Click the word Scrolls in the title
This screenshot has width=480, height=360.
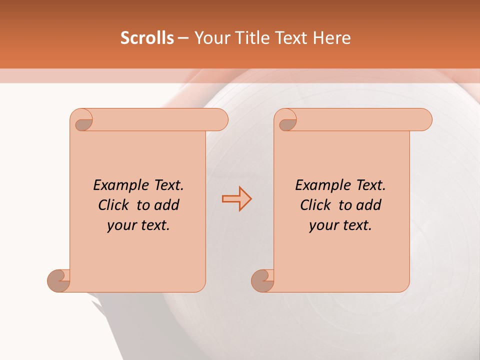tap(147, 38)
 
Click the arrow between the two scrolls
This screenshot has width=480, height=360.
tap(236, 199)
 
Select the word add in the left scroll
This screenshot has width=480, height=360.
tap(167, 205)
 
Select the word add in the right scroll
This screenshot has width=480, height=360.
tap(369, 205)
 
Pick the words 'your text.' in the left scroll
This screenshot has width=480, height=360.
tap(138, 225)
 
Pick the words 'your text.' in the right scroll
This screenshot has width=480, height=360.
tap(340, 225)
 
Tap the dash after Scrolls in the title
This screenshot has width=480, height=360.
tap(183, 38)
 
